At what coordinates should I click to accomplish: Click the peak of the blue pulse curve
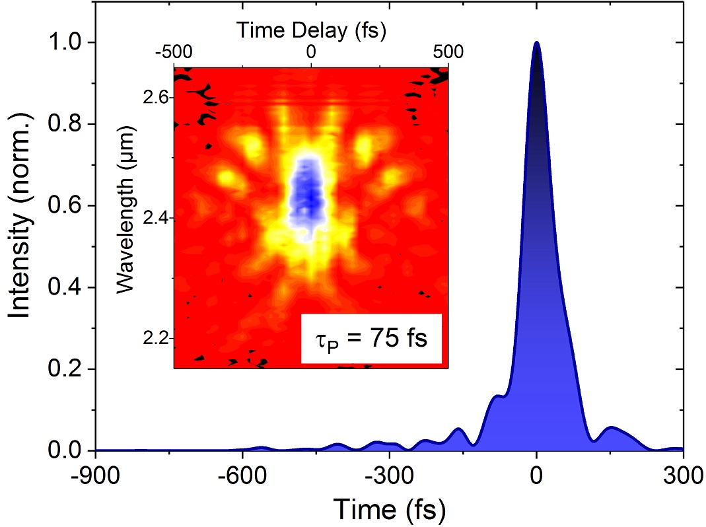[536, 43]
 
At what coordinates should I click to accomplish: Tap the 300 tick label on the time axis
[682, 474]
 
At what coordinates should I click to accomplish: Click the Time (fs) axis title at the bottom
[389, 509]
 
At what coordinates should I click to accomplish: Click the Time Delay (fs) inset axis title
[310, 30]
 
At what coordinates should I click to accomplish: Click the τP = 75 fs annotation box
[371, 339]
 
